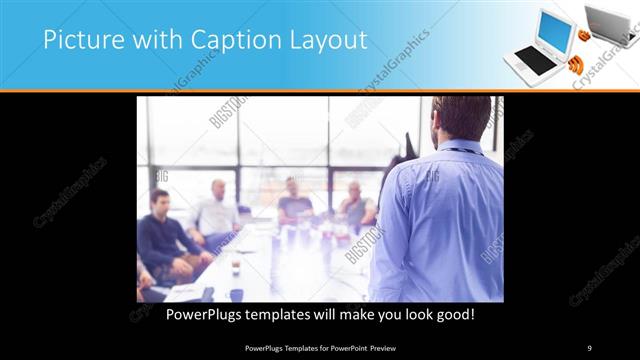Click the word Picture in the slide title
click(x=77, y=41)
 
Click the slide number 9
click(x=590, y=347)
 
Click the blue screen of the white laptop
click(x=554, y=31)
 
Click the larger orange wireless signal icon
click(x=574, y=67)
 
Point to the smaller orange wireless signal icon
click(x=584, y=36)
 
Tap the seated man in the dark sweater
click(x=164, y=236)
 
